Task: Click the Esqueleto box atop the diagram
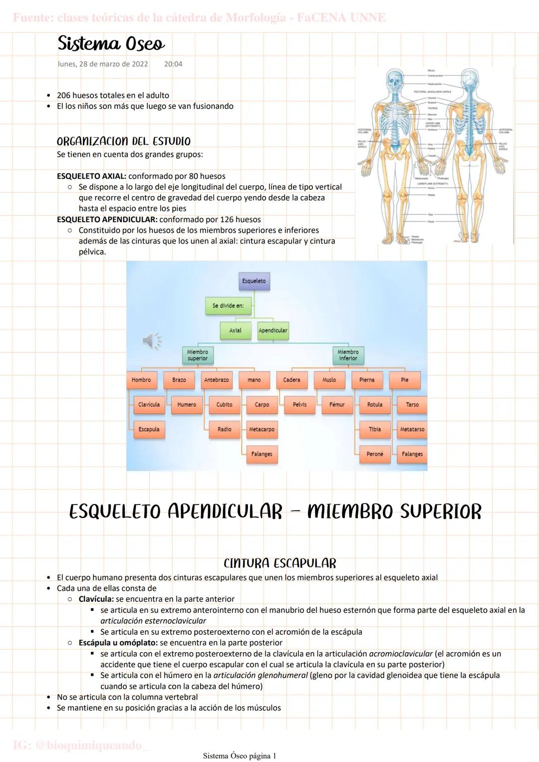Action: [x=254, y=281]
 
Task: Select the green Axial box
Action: [x=235, y=330]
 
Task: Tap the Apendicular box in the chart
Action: [x=273, y=330]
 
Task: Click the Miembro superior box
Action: [x=198, y=355]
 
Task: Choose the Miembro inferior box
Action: [x=348, y=355]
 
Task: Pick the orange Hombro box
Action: [x=141, y=380]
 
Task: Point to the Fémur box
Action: [x=337, y=405]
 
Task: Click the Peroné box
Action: [x=375, y=454]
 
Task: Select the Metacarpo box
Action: [x=262, y=429]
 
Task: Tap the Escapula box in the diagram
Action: [x=149, y=429]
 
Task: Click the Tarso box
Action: [x=412, y=405]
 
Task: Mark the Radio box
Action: [x=224, y=429]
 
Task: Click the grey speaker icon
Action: [x=151, y=341]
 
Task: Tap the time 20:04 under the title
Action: [x=173, y=64]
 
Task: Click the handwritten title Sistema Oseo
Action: [x=111, y=44]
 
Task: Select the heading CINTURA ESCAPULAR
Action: [x=280, y=563]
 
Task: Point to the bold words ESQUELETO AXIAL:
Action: [x=92, y=176]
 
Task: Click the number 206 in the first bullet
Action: [x=64, y=95]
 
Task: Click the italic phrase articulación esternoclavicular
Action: [x=153, y=621]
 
